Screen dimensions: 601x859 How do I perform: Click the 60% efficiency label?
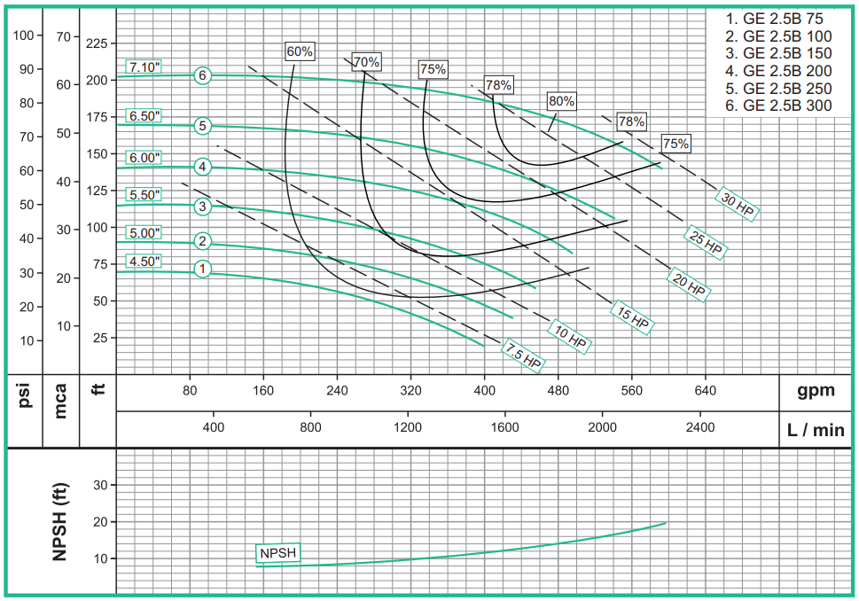click(300, 51)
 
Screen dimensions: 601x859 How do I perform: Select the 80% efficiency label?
click(561, 101)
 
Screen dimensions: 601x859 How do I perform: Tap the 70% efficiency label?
click(366, 62)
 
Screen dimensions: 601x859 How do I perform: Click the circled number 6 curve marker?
click(203, 75)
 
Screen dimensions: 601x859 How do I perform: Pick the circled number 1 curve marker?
click(203, 268)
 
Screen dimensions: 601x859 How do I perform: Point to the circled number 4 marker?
click(203, 167)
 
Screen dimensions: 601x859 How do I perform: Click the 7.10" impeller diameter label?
click(143, 67)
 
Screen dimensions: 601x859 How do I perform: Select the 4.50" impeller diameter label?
click(143, 261)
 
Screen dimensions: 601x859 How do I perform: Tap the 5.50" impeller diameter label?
click(143, 194)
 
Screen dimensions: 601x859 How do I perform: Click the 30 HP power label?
click(738, 205)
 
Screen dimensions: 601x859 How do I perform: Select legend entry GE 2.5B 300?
click(779, 105)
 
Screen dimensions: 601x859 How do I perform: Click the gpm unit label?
click(815, 390)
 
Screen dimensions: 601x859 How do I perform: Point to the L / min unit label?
click(816, 431)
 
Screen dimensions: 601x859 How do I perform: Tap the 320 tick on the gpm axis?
click(410, 390)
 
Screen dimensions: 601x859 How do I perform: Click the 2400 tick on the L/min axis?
click(699, 426)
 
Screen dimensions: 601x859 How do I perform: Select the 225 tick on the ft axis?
click(97, 43)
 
